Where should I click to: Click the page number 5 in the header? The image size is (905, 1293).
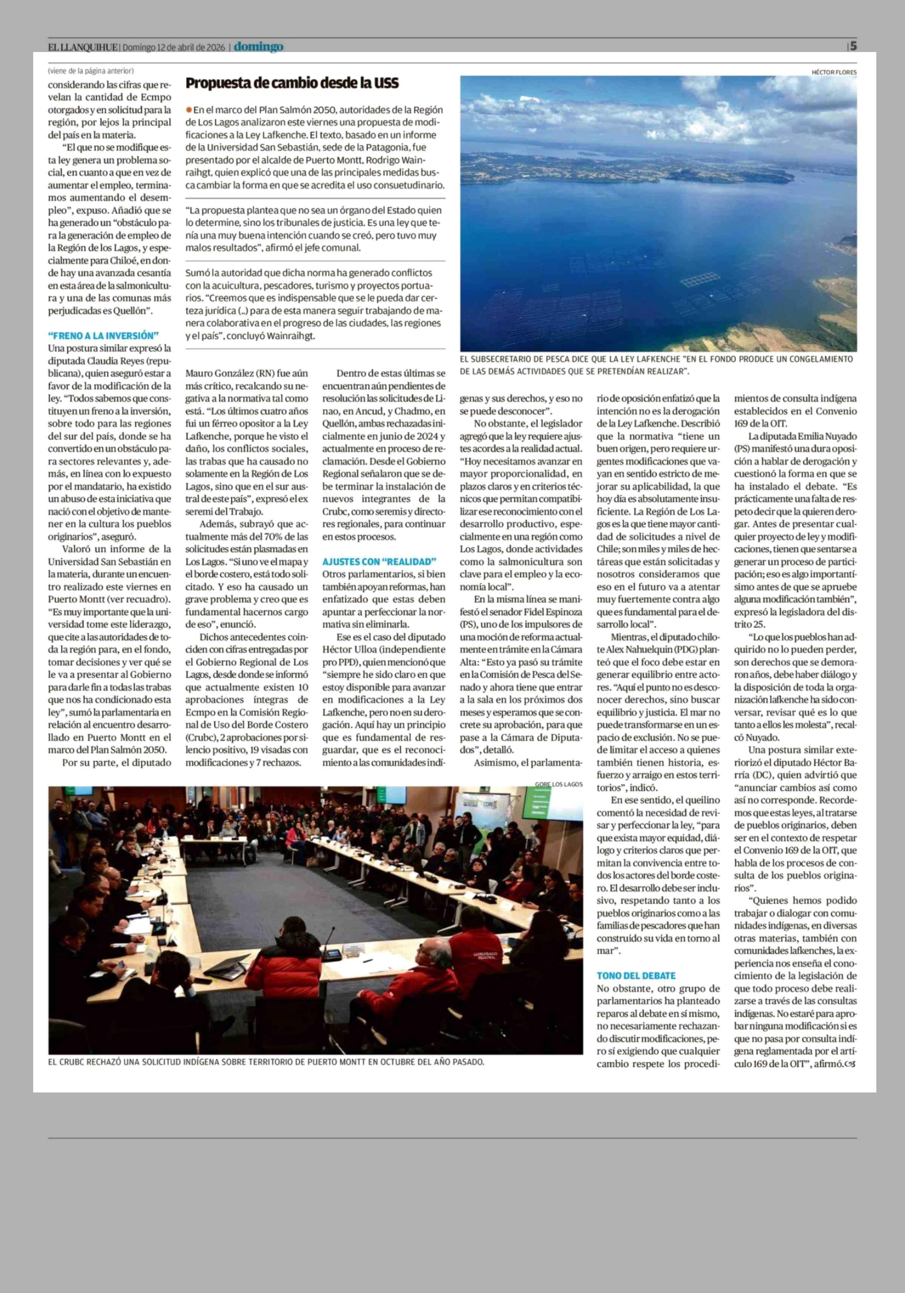[854, 46]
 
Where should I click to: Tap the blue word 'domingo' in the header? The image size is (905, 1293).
[259, 47]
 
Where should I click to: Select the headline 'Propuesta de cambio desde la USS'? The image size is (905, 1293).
[292, 83]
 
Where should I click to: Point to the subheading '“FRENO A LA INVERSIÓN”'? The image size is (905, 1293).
[103, 336]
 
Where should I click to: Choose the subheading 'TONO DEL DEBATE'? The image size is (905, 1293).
[636, 975]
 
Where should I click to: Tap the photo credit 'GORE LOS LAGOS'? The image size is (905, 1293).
[559, 784]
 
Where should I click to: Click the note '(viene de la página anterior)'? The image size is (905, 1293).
[90, 71]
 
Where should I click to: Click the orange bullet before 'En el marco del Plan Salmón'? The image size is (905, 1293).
[189, 110]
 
